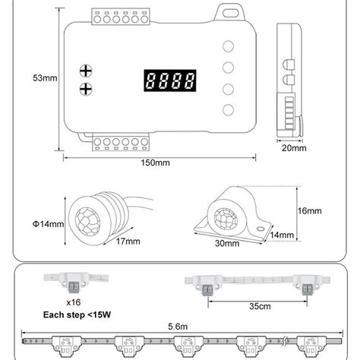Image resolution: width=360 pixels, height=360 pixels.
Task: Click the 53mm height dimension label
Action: coord(45,78)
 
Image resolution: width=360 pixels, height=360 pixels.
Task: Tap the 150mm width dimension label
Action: coord(155,163)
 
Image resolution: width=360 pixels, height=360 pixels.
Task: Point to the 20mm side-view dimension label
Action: coord(294,148)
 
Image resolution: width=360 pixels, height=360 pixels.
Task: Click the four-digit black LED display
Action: coord(170,81)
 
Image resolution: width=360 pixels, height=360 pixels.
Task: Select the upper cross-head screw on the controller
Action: coord(86,71)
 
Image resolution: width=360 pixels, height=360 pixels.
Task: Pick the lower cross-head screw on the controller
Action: coord(86,89)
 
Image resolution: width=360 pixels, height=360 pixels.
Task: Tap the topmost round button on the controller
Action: coord(228,46)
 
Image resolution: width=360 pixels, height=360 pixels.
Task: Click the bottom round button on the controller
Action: coord(228,110)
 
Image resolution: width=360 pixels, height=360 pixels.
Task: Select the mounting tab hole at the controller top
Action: coord(230,13)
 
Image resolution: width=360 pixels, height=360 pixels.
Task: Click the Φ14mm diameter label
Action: coord(48,224)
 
